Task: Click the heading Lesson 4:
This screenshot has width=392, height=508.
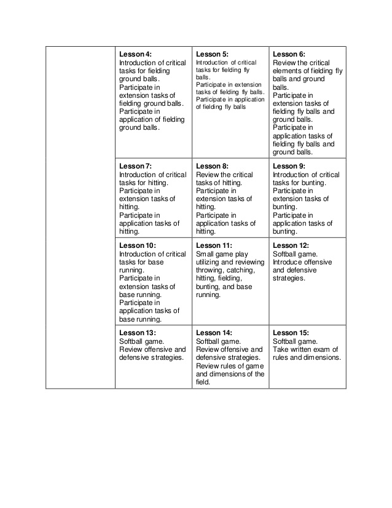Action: (x=135, y=54)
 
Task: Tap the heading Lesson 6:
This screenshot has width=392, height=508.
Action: (x=289, y=54)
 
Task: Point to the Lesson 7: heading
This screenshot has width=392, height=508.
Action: (x=135, y=166)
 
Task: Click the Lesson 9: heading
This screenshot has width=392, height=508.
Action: (x=289, y=166)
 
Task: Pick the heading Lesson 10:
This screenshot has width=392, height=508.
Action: (x=137, y=245)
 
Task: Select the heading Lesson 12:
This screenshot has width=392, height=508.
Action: (x=291, y=245)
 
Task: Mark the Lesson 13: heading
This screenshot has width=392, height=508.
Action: (x=137, y=333)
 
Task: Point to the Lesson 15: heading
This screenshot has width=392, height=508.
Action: (x=291, y=333)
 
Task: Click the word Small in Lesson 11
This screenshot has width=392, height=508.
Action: (x=205, y=253)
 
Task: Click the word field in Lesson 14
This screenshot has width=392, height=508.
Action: (x=203, y=382)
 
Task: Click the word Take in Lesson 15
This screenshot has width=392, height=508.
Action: (x=280, y=350)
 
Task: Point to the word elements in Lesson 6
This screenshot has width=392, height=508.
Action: (x=287, y=71)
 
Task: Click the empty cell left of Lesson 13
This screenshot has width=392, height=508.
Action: (x=80, y=357)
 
